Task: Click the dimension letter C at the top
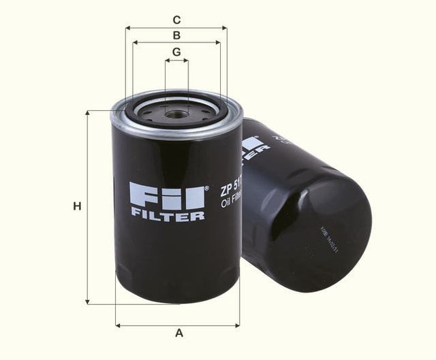[176, 19]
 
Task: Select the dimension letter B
[176, 35]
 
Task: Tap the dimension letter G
[176, 52]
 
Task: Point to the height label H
[77, 206]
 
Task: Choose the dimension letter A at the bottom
[179, 333]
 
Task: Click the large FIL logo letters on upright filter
[167, 195]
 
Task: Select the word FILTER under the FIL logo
[167, 216]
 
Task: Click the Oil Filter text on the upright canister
[230, 203]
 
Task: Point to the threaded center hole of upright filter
[176, 114]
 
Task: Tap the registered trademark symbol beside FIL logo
[206, 185]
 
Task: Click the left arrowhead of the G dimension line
[167, 61]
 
